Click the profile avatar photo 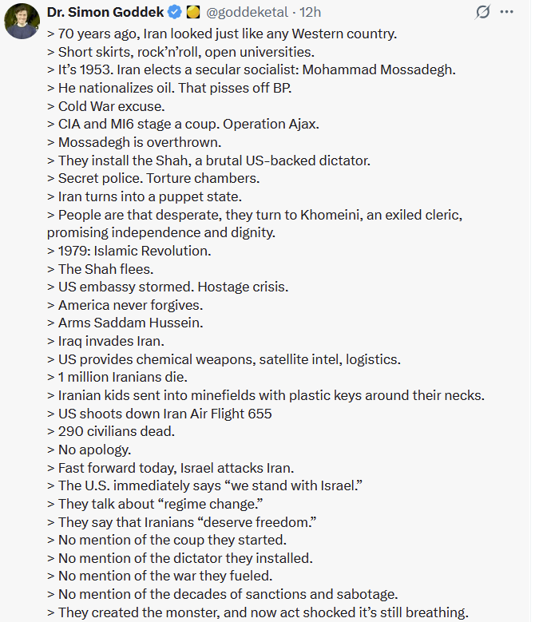point(22,21)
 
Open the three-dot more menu point(506,13)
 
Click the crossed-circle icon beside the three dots point(482,13)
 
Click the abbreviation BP point(282,88)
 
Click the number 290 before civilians point(70,432)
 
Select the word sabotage point(369,594)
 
